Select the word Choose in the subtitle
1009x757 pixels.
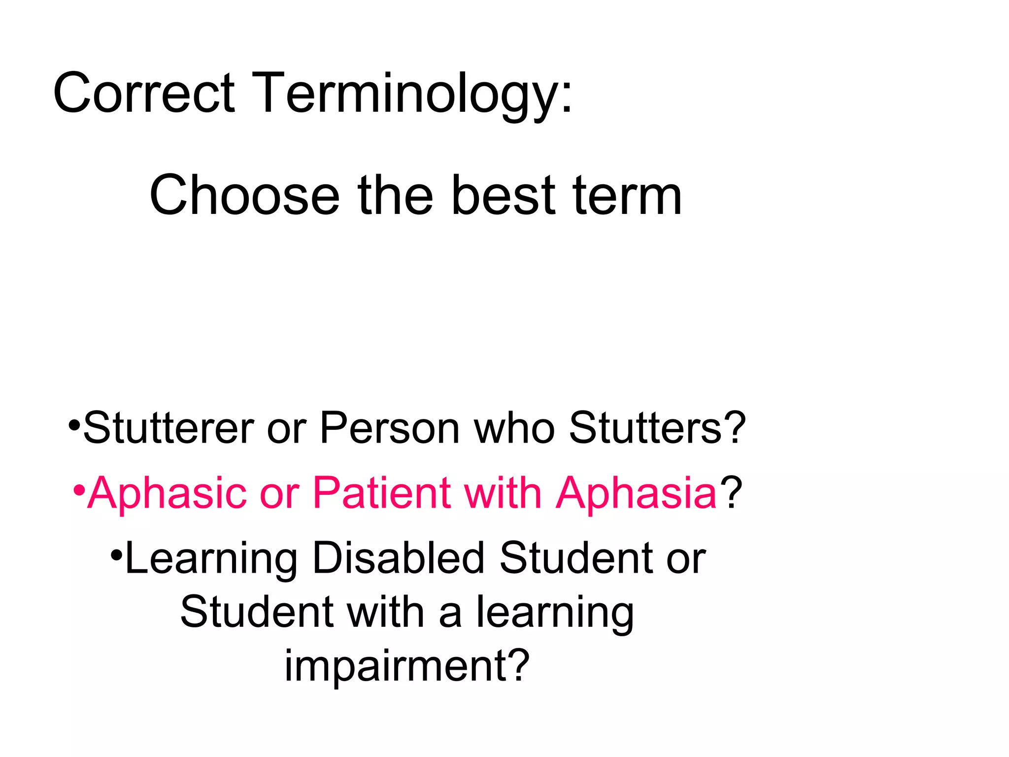(x=244, y=196)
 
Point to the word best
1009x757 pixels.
(x=503, y=196)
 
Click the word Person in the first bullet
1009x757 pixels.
(x=389, y=427)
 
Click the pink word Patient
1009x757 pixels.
(x=382, y=493)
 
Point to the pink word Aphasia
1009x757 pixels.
(x=636, y=493)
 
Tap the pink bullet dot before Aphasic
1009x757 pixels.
(x=79, y=491)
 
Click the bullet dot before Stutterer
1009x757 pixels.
(x=74, y=424)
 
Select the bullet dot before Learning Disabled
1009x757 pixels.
(x=117, y=555)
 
